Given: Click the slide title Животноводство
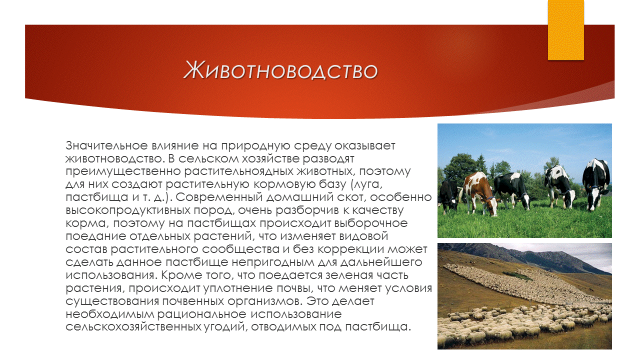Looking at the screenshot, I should coord(280,70).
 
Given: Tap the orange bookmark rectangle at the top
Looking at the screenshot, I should coord(565,30).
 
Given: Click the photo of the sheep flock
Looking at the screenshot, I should coord(524,296).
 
